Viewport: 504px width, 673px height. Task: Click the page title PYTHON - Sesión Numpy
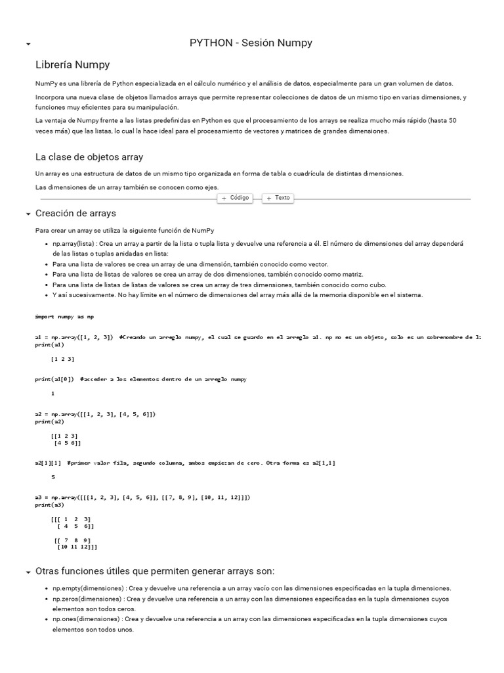(x=251, y=43)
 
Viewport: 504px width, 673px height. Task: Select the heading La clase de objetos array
(x=89, y=157)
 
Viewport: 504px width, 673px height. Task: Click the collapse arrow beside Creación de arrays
(x=28, y=214)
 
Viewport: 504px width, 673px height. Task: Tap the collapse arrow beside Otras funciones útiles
(x=28, y=572)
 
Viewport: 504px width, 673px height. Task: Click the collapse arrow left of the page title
(x=28, y=44)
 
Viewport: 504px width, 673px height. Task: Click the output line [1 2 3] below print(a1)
(x=62, y=359)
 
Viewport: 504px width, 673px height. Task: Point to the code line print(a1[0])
(x=56, y=379)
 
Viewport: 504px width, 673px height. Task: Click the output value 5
(x=52, y=477)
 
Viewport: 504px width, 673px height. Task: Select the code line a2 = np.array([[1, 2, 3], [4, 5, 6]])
(x=95, y=414)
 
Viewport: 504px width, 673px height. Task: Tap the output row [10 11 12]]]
(x=77, y=546)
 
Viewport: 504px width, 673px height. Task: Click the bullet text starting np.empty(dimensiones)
(x=251, y=588)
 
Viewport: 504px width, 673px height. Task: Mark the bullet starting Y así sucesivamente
(x=238, y=295)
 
